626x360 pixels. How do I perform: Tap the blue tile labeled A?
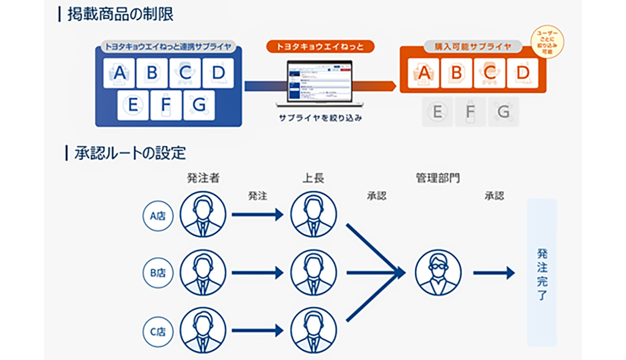(x=119, y=73)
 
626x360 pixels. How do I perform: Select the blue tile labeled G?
(x=199, y=105)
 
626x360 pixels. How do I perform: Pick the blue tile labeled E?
(x=133, y=105)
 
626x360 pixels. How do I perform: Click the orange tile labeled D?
(x=523, y=73)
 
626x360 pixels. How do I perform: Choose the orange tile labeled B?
(x=456, y=73)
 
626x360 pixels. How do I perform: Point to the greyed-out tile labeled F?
(x=470, y=112)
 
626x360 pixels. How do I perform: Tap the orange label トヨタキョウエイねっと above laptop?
(x=320, y=46)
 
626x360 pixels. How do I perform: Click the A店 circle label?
(x=158, y=215)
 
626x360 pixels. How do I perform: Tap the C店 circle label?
(x=158, y=330)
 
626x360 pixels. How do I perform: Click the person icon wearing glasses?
(x=438, y=272)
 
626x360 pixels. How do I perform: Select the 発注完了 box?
(x=541, y=272)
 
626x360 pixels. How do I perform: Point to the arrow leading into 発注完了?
(x=493, y=272)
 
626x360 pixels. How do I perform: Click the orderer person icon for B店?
(x=203, y=272)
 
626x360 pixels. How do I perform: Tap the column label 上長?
(x=313, y=178)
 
